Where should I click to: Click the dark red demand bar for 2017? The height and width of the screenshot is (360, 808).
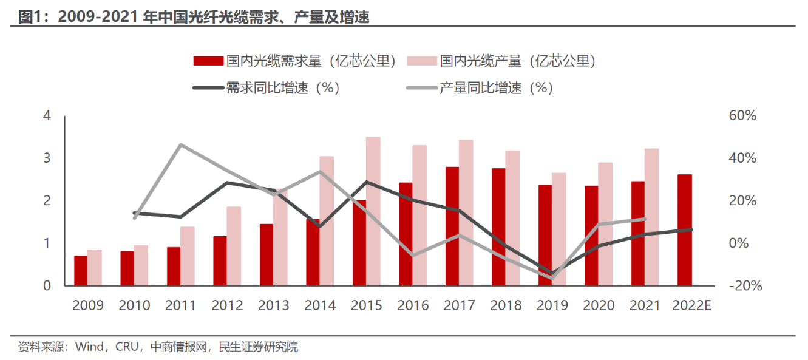click(x=452, y=226)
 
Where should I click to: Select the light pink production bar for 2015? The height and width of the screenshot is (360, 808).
click(x=373, y=211)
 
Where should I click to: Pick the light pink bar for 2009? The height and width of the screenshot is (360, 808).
click(x=94, y=267)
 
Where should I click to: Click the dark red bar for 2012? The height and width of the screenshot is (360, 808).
click(x=220, y=260)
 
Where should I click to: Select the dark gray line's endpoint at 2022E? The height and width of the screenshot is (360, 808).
click(x=691, y=229)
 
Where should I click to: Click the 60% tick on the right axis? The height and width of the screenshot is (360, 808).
click(x=742, y=115)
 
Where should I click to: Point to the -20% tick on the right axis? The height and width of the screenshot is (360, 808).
click(x=742, y=285)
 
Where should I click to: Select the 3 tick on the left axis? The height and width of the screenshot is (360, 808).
click(x=46, y=158)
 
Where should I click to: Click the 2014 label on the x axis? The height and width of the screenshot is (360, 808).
click(x=320, y=305)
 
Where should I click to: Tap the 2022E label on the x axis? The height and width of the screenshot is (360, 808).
click(x=691, y=305)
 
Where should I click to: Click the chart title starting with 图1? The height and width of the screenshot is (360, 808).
click(x=194, y=18)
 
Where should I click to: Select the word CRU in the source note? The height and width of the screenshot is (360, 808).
click(x=127, y=347)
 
